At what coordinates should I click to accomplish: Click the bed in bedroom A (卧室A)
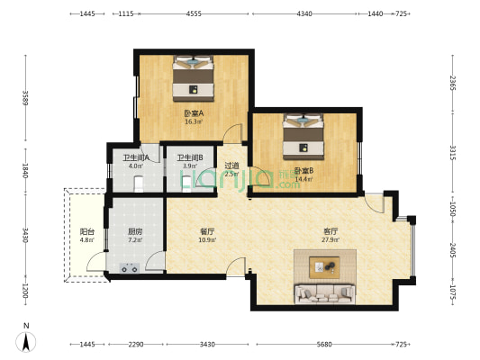pyautogui.click(x=194, y=76)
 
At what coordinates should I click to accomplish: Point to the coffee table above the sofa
pyautogui.click(x=323, y=266)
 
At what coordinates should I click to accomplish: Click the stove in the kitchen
pyautogui.click(x=125, y=266)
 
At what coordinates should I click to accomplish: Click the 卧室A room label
pyautogui.click(x=194, y=113)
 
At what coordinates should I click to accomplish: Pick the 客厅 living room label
pyautogui.click(x=331, y=231)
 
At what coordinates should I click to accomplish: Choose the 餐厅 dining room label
pyautogui.click(x=207, y=231)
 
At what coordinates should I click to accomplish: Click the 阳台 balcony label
pyautogui.click(x=86, y=231)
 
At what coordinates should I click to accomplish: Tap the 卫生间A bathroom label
pyautogui.click(x=136, y=157)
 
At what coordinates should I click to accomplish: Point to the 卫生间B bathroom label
pyautogui.click(x=189, y=157)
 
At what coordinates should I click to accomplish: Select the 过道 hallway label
pyautogui.click(x=231, y=166)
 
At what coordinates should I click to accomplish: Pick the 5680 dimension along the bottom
pyautogui.click(x=323, y=345)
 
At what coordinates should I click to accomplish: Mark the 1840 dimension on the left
pyautogui.click(x=26, y=170)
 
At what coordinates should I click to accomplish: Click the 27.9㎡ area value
pyautogui.click(x=331, y=240)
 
